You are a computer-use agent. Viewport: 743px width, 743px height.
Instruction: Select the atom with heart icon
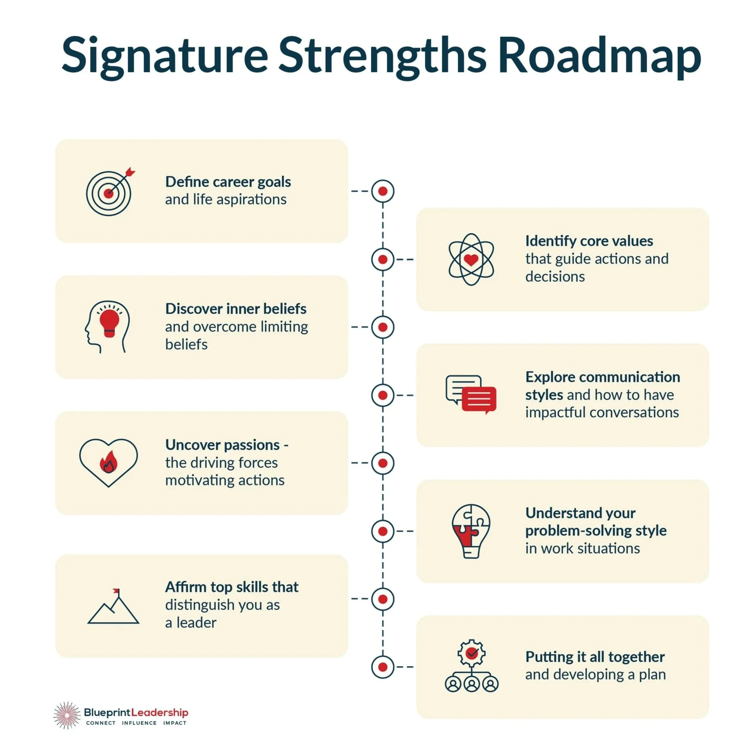pos(471,259)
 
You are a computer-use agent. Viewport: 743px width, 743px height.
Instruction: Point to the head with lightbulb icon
pos(108,326)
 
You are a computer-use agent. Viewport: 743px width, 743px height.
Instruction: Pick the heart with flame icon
pos(109,463)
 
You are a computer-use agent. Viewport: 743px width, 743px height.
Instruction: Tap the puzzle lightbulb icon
pos(471,531)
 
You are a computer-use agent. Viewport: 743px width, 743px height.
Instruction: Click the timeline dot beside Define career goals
pos(383,191)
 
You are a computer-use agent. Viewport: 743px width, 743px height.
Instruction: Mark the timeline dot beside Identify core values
pos(383,259)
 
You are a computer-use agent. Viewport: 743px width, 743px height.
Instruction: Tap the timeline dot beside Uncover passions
pos(383,463)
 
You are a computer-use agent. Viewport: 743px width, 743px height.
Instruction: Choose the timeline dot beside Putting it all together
pos(383,667)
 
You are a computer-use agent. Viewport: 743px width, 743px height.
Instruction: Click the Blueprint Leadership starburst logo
pos(67,715)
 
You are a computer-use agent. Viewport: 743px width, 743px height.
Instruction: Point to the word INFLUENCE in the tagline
pos(139,723)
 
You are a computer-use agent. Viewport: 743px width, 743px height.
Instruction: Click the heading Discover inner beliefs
pos(235,309)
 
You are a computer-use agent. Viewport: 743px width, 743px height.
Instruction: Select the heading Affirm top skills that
pos(232,587)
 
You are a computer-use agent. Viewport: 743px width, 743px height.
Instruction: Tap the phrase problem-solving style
pos(596,531)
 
